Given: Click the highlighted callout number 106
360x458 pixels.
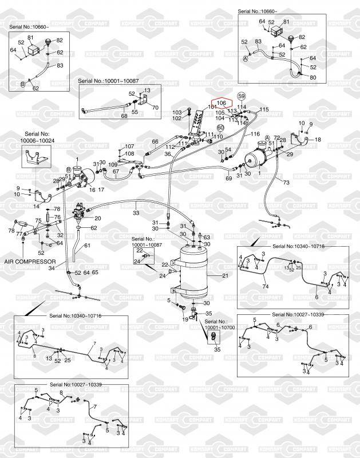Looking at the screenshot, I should [x=223, y=103].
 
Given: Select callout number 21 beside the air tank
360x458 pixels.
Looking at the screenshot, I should [x=225, y=277].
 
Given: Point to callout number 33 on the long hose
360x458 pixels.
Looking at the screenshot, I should [x=136, y=213].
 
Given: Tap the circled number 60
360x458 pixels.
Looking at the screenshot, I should [x=220, y=128].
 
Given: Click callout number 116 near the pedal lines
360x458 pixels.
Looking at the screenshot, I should [x=256, y=133].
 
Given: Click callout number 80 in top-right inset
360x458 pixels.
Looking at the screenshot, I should [x=313, y=77].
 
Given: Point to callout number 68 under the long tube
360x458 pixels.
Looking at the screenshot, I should [x=124, y=116].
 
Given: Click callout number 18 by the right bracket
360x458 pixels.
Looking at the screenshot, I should [x=318, y=139].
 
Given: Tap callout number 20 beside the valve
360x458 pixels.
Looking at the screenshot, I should [x=97, y=218].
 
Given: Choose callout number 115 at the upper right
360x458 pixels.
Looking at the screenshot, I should [x=264, y=109].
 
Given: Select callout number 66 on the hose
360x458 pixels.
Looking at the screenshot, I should [x=155, y=142].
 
